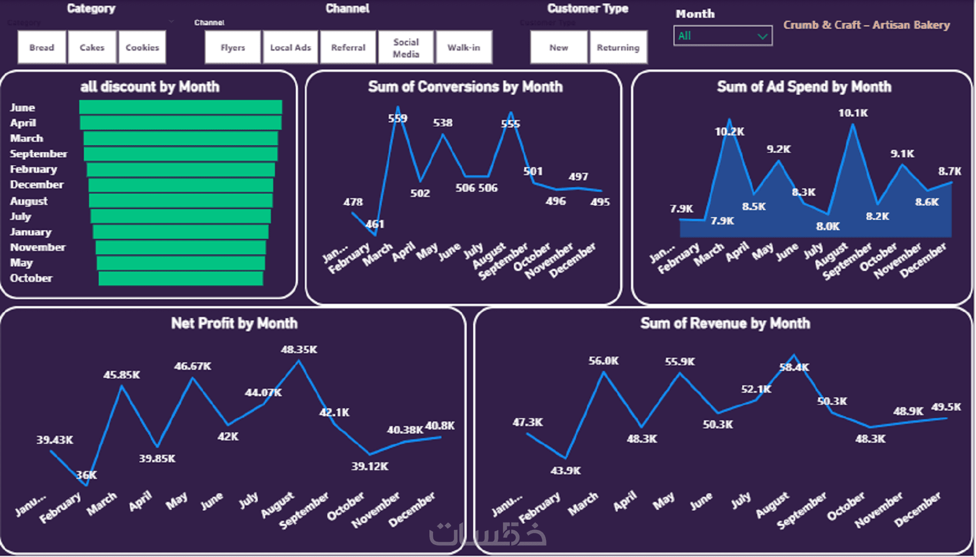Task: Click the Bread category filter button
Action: [42, 47]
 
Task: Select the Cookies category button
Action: [142, 47]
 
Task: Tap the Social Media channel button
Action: [406, 48]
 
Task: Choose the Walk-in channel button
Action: [463, 47]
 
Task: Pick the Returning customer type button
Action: [618, 47]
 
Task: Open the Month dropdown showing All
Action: [722, 36]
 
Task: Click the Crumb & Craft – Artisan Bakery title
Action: [866, 25]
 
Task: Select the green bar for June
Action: [180, 107]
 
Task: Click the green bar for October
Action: [180, 278]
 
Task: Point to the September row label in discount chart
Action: [38, 154]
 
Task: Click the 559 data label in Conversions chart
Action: [397, 118]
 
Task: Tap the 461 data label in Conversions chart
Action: [375, 224]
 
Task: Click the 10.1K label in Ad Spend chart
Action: [853, 113]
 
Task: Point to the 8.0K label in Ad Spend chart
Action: [827, 226]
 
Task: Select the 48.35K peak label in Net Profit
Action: [299, 349]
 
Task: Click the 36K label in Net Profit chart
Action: [87, 475]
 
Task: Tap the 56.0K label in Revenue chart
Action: [603, 361]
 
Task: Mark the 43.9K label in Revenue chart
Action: [566, 470]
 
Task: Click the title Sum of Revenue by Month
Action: [725, 323]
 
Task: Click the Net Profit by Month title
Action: [234, 323]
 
